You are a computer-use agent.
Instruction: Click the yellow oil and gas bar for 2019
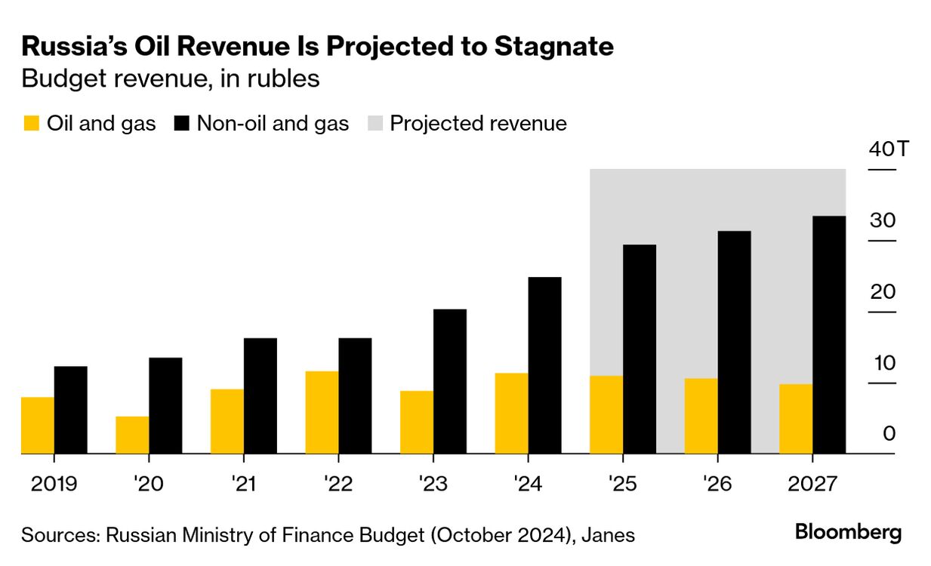(x=38, y=426)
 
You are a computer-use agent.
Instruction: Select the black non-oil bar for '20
(x=165, y=406)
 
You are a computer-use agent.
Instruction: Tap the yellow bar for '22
(x=322, y=413)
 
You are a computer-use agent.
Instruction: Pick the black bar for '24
(x=544, y=366)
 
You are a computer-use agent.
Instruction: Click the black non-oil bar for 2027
(x=829, y=335)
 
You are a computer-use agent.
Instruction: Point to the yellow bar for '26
(x=701, y=416)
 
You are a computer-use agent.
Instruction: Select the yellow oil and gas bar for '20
(x=132, y=435)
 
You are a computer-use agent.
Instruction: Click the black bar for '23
(x=450, y=382)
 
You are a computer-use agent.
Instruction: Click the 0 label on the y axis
(x=889, y=434)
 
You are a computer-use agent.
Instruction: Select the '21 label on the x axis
(x=243, y=483)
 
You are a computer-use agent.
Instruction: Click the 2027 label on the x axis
(x=811, y=483)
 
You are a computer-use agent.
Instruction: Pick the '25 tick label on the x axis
(x=622, y=483)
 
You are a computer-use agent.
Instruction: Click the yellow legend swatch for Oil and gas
(x=31, y=124)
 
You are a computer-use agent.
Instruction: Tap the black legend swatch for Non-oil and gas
(x=181, y=124)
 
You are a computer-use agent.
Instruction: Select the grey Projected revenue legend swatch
(x=375, y=124)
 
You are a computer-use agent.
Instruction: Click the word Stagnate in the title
(x=553, y=47)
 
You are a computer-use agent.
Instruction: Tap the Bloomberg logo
(x=848, y=533)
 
